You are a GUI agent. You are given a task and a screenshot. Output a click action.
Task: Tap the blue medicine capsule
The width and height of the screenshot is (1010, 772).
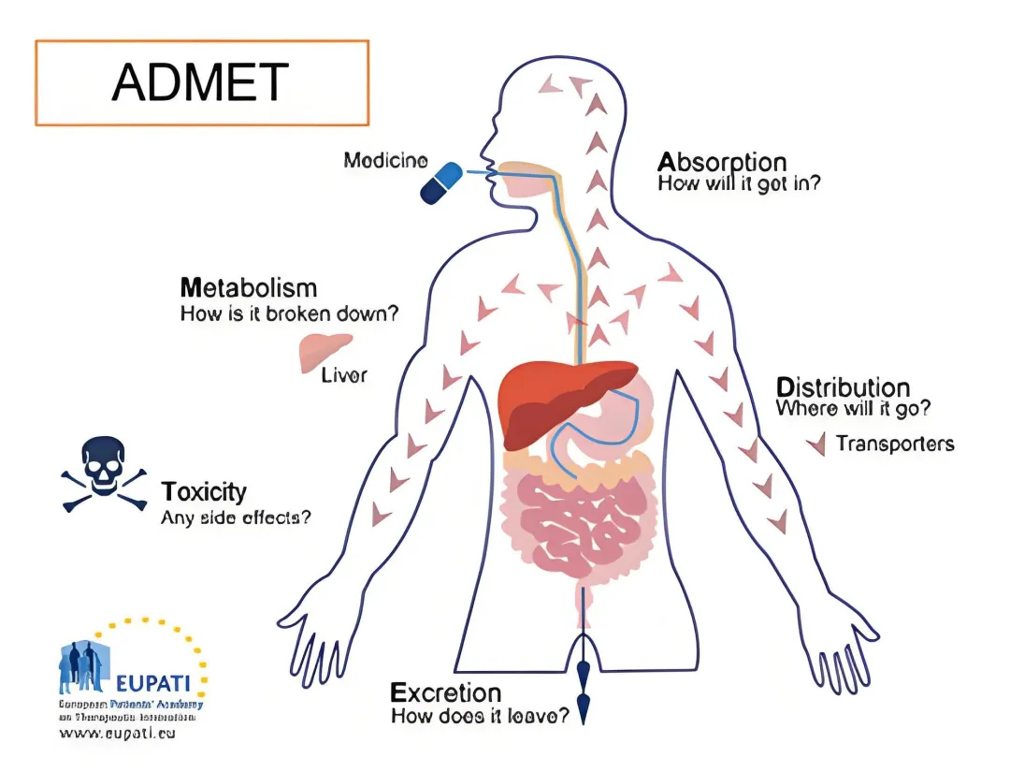click(x=442, y=182)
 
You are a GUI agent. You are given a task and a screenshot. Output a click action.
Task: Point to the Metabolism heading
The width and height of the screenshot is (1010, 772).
click(x=249, y=287)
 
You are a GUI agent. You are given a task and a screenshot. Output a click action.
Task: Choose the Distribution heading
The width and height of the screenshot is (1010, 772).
click(x=843, y=387)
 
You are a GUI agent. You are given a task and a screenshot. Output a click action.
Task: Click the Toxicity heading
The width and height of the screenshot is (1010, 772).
click(x=204, y=491)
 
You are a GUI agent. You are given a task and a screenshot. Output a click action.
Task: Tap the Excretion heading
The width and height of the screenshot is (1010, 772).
click(x=445, y=693)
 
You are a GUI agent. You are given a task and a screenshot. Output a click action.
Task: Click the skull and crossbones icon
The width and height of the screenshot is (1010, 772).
click(x=104, y=473)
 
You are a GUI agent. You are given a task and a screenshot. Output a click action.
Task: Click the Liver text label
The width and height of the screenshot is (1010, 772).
click(x=344, y=376)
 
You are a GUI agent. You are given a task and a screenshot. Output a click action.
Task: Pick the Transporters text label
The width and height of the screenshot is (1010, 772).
click(x=895, y=443)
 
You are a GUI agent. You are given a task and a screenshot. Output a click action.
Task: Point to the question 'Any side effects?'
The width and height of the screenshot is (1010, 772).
click(x=236, y=517)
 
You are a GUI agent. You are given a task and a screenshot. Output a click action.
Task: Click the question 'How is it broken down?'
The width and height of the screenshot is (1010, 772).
click(x=289, y=313)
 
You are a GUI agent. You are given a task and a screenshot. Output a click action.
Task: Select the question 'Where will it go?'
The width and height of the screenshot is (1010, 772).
click(x=853, y=410)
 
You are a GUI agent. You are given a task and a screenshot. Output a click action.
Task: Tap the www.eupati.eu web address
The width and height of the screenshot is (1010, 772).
click(x=117, y=734)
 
